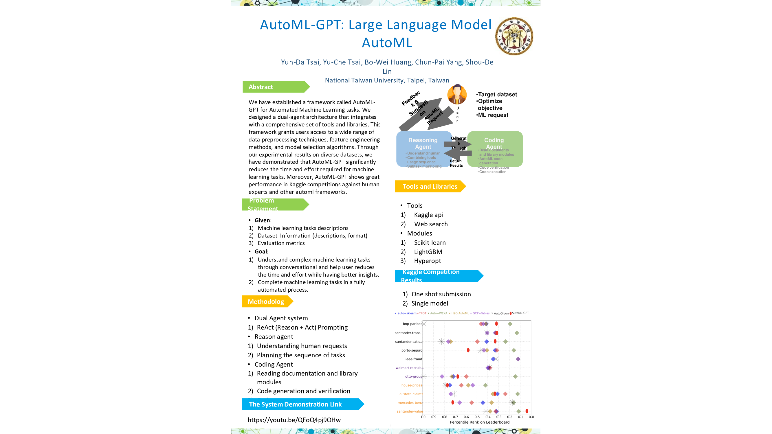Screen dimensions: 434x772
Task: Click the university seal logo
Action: (514, 36)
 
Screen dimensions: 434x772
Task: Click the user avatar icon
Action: (457, 94)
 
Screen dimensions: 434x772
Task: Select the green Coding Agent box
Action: (495, 148)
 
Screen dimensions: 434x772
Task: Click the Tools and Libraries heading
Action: (430, 186)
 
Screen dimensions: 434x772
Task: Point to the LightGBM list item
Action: (428, 252)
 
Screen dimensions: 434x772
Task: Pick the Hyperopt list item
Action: (427, 261)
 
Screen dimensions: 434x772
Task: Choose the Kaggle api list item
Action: (428, 215)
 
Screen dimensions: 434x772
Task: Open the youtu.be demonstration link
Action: (294, 420)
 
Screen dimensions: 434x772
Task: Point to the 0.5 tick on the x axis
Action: (477, 417)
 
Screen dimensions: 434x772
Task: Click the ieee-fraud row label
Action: (414, 359)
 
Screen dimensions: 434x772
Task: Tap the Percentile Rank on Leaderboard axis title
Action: (480, 422)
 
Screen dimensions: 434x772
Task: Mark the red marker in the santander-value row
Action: (527, 411)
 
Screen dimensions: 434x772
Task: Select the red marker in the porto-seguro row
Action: (468, 350)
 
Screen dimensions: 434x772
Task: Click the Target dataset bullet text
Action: (498, 94)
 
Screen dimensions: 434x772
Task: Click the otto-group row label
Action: (414, 376)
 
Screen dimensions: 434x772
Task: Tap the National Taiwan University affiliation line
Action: (387, 80)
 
